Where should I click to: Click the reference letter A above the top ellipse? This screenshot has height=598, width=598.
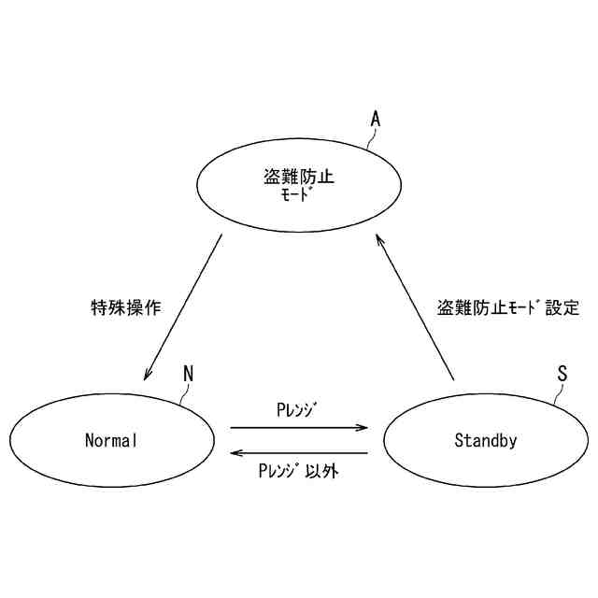(376, 119)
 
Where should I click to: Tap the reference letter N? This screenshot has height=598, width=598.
(188, 374)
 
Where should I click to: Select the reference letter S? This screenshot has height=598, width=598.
(562, 374)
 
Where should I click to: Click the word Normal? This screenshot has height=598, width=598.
(111, 440)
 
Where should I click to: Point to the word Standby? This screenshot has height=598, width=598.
(485, 440)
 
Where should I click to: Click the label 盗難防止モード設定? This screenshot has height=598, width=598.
(508, 307)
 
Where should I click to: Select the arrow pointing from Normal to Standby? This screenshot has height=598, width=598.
(299, 428)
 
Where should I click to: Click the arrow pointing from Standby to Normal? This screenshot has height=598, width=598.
(299, 453)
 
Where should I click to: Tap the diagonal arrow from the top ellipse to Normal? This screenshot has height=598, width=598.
(183, 307)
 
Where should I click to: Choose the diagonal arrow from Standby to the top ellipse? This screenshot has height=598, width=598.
(415, 307)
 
